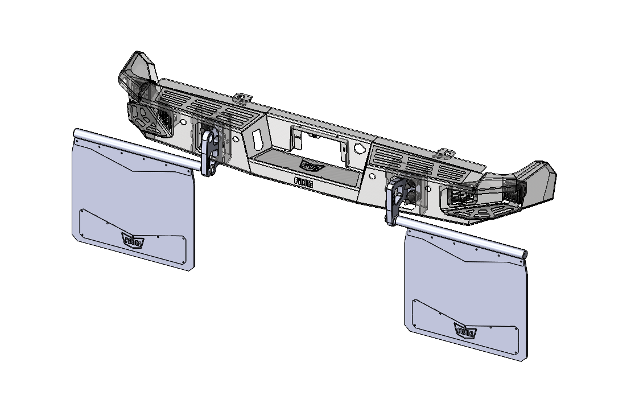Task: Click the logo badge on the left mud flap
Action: [133, 242]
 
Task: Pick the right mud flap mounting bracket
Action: [395, 201]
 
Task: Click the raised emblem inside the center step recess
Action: [312, 166]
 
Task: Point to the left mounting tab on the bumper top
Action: [244, 98]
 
